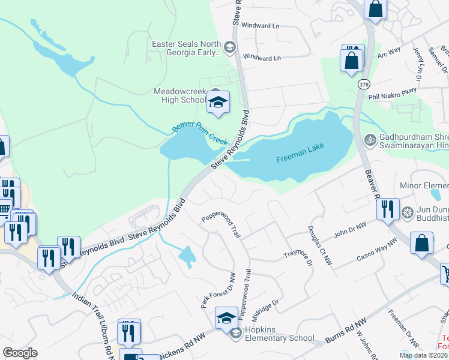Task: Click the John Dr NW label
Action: [349, 231]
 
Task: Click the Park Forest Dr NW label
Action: [218, 290]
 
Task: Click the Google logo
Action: [20, 352]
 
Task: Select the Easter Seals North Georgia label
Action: [187, 48]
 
